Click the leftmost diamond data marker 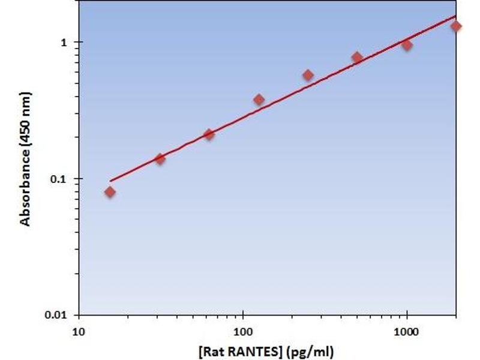pyautogui.click(x=110, y=192)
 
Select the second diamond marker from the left pyautogui.click(x=160, y=159)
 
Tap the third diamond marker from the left pyautogui.click(x=209, y=134)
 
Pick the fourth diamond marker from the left pyautogui.click(x=259, y=100)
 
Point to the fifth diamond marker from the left pyautogui.click(x=308, y=75)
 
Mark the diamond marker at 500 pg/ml pyautogui.click(x=357, y=58)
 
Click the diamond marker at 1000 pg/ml pyautogui.click(x=407, y=45)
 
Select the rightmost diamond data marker pyautogui.click(x=456, y=26)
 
